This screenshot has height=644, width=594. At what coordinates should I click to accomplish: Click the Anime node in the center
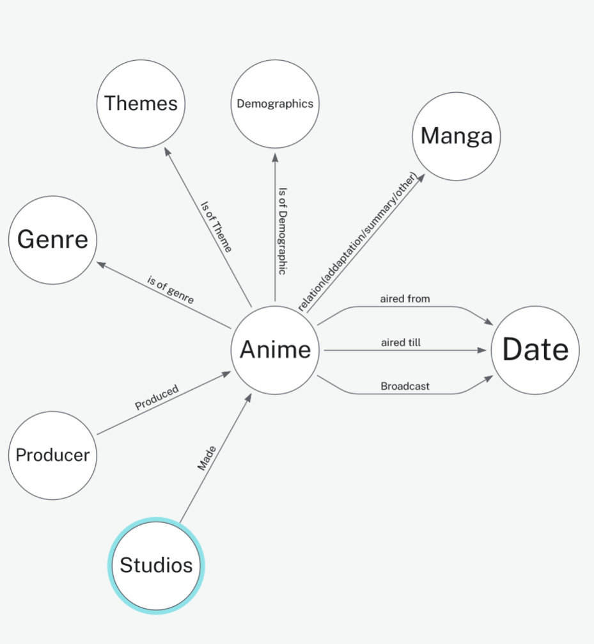[275, 350]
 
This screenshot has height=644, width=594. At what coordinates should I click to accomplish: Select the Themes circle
[141, 103]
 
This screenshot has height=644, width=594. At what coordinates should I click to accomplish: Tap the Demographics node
[275, 104]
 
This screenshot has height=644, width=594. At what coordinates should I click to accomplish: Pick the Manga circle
[457, 136]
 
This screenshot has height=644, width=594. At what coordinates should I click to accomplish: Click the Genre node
[52, 240]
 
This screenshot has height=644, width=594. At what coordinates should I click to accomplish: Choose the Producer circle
[52, 455]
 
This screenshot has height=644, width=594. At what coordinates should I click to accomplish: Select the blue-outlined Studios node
[156, 566]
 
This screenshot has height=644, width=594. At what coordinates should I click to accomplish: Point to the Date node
[535, 350]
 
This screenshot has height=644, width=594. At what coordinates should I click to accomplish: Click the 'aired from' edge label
[405, 299]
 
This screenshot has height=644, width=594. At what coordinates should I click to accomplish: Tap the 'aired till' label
[401, 343]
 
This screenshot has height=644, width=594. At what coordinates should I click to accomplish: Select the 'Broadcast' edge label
[405, 387]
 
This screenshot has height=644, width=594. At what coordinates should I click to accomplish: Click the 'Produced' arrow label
[157, 398]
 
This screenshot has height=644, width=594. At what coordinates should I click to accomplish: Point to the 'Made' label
[207, 458]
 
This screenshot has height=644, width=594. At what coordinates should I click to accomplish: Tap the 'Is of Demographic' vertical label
[282, 231]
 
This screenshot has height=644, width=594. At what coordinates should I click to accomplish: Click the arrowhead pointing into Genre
[100, 263]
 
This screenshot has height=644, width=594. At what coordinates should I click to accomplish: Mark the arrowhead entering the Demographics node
[275, 156]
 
